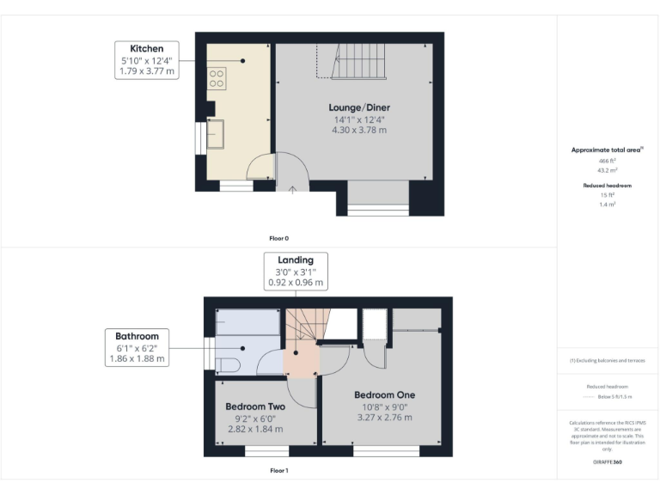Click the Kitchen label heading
pyautogui.click(x=146, y=48)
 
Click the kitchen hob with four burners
pyautogui.click(x=217, y=79)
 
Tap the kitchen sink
pyautogui.click(x=215, y=134)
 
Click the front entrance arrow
pyautogui.click(x=292, y=190)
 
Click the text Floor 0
pyautogui.click(x=279, y=237)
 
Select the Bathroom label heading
pyautogui.click(x=137, y=335)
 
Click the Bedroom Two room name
pyautogui.click(x=255, y=406)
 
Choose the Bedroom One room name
pyautogui.click(x=383, y=394)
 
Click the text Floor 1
pyautogui.click(x=279, y=471)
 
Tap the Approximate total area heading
pyautogui.click(x=608, y=150)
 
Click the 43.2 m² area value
pyautogui.click(x=608, y=170)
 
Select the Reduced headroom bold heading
pyautogui.click(x=608, y=186)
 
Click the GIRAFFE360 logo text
pyautogui.click(x=608, y=463)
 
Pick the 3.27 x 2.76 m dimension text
pyautogui.click(x=383, y=418)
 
